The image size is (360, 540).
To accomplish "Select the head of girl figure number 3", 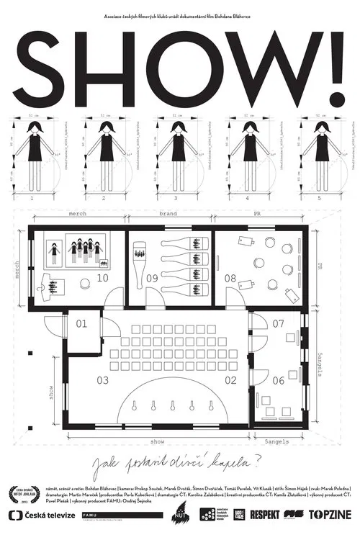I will pos(178,127).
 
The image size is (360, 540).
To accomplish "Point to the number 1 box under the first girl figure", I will pos(32,196).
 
